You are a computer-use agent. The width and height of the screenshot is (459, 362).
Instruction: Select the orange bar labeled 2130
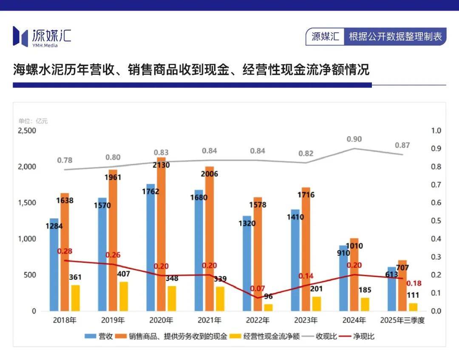161,234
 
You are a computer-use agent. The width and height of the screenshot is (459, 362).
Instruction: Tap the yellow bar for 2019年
123,296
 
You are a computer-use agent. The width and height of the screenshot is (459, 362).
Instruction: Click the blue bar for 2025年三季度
392,289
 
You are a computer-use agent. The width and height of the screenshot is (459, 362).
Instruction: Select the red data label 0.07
258,288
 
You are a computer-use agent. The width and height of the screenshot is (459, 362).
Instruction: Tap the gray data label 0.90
354,139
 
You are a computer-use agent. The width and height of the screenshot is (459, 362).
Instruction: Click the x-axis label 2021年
210,320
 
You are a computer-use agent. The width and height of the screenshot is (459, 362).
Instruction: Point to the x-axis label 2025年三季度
402,320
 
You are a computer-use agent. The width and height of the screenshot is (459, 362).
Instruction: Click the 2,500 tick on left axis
26,131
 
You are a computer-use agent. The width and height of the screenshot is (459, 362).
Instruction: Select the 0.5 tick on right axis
436,221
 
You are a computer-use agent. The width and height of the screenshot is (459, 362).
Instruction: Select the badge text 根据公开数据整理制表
395,37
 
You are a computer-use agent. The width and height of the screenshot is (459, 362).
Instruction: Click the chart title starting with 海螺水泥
191,69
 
